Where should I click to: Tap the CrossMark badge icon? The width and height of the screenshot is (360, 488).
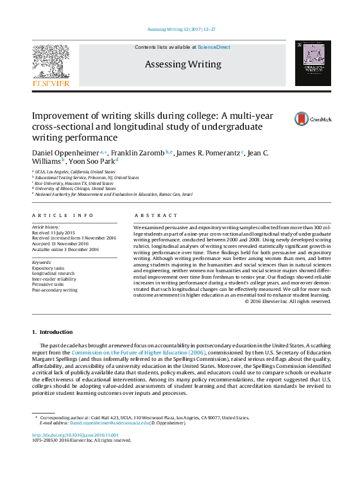point(302,119)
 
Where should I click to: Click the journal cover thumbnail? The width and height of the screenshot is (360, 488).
point(313,64)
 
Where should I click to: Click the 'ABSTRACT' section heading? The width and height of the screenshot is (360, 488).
point(156,216)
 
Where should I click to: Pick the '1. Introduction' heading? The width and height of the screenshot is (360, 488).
point(53,332)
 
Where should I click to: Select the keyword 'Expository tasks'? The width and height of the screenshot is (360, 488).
point(48,268)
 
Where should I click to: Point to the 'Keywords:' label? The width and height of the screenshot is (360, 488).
point(42,262)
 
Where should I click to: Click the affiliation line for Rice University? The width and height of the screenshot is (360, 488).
point(74,183)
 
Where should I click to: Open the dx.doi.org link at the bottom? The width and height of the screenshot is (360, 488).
point(75,435)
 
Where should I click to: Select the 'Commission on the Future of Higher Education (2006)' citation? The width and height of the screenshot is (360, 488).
point(138,353)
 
